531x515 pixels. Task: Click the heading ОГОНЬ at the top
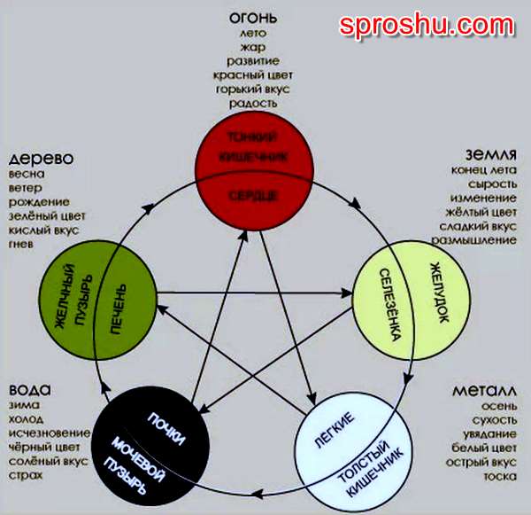253,18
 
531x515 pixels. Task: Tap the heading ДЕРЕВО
41,160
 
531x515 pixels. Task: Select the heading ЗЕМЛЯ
489,153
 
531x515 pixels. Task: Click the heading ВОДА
29,391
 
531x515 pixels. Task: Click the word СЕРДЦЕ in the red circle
252,194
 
